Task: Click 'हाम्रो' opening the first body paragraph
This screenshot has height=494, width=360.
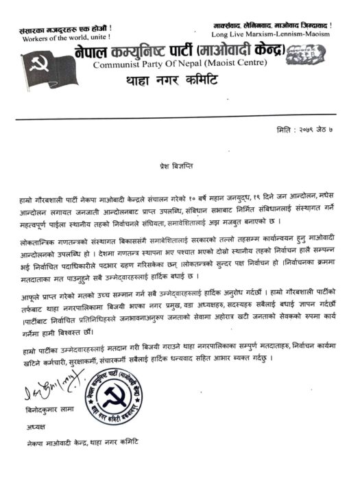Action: pyautogui.click(x=29, y=197)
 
